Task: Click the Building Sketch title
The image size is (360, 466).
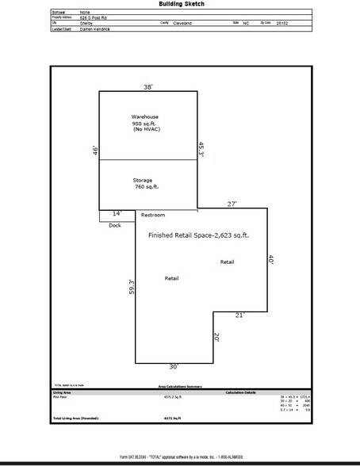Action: click(x=180, y=5)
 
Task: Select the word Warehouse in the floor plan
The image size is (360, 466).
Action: click(x=146, y=116)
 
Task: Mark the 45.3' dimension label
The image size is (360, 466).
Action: click(x=201, y=149)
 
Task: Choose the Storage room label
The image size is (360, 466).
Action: click(x=143, y=180)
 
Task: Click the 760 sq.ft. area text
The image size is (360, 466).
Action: click(x=147, y=189)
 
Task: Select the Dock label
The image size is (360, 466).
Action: click(x=115, y=225)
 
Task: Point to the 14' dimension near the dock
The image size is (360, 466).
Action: click(x=116, y=214)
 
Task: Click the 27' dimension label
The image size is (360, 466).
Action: click(x=233, y=204)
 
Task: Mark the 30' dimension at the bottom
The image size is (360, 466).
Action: click(x=174, y=367)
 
